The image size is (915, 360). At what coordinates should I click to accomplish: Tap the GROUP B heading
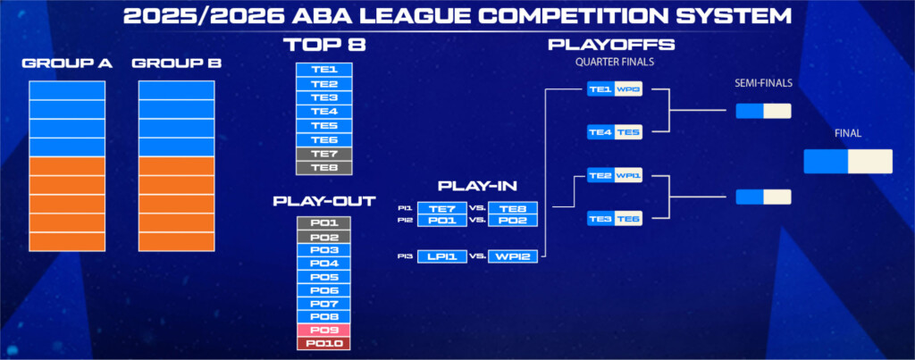click(x=177, y=63)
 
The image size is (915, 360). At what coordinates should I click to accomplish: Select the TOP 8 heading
click(x=324, y=46)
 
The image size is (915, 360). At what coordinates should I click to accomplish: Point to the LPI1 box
click(x=442, y=256)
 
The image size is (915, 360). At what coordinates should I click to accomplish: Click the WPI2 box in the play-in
click(x=512, y=256)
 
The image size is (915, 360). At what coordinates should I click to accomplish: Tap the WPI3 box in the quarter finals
click(x=628, y=90)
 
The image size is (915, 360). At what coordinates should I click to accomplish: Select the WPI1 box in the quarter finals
click(x=628, y=175)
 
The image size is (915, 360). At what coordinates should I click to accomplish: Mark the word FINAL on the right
click(x=848, y=134)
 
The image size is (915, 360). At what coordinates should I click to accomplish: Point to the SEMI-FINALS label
click(x=763, y=83)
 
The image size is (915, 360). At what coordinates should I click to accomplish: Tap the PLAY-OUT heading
click(x=324, y=201)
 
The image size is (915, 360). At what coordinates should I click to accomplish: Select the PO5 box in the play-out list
click(x=323, y=277)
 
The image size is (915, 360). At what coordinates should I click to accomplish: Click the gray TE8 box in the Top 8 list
click(x=323, y=168)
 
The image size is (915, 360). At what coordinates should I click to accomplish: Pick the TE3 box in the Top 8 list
click(x=323, y=97)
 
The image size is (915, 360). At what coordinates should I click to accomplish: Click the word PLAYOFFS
click(x=611, y=45)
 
